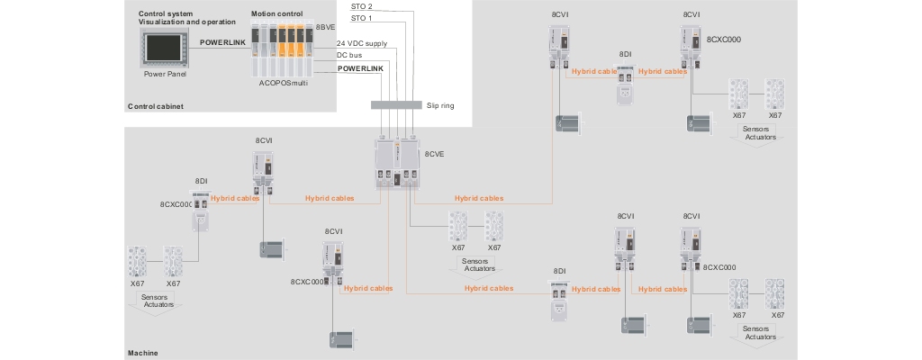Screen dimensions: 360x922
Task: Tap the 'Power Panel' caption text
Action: tap(163, 75)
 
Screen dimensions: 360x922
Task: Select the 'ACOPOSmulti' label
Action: tap(284, 82)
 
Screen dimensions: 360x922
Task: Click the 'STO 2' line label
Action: tap(362, 6)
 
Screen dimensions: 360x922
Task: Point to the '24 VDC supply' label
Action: tap(362, 42)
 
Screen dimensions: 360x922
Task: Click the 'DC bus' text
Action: tap(349, 55)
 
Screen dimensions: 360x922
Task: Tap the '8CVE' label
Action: tap(436, 155)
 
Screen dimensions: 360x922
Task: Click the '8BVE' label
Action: tap(325, 28)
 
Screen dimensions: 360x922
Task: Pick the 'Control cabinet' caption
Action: tap(156, 106)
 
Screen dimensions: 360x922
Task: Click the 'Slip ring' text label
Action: tap(440, 105)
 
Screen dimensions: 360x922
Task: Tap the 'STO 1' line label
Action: tap(362, 18)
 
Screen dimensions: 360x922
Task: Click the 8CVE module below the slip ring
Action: tap(399, 164)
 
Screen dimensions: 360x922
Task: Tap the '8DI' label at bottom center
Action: tap(559, 272)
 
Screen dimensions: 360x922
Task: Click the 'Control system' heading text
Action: tap(166, 14)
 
